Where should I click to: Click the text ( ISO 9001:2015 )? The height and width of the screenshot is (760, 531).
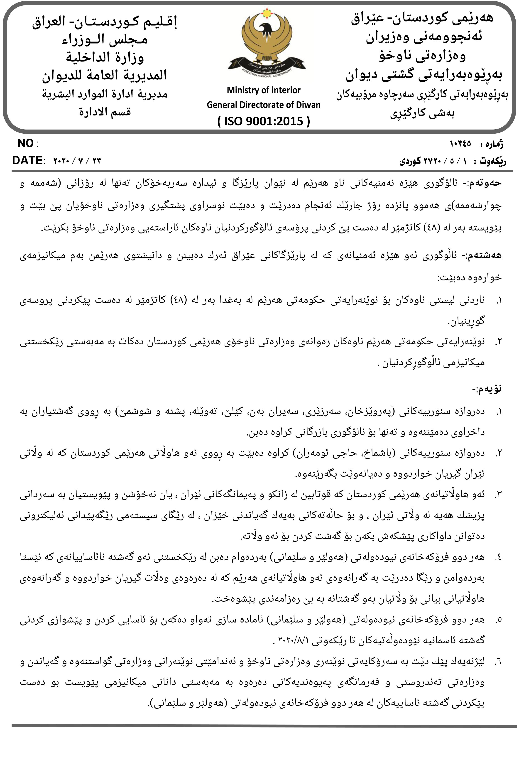(x=264, y=121)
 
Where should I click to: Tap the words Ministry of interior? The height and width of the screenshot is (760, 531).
(x=264, y=90)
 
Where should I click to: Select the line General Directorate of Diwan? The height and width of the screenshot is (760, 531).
(x=264, y=105)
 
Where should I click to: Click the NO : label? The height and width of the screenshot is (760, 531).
(x=28, y=144)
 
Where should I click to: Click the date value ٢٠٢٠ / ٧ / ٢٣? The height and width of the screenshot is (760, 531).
(x=77, y=161)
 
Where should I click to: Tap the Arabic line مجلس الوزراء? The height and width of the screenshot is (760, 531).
(x=105, y=40)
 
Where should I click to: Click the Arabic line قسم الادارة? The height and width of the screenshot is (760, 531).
(x=105, y=112)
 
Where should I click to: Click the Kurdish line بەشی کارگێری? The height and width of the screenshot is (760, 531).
(x=422, y=113)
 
